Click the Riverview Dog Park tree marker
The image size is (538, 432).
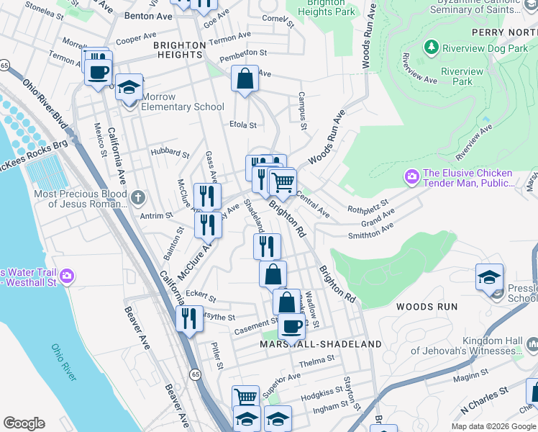pos(431,48)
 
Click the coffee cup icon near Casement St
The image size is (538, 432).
pos(291,326)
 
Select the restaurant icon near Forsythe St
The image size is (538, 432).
pos(188,318)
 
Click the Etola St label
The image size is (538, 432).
pos(243,125)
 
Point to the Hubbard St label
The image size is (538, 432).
pos(170,153)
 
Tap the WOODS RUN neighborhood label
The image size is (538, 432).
pos(427,307)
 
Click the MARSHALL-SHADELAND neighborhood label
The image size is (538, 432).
pos(321,344)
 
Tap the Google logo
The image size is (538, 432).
pos(24,423)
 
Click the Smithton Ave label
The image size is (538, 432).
pos(371,228)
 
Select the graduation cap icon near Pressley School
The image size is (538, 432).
pos(489,277)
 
